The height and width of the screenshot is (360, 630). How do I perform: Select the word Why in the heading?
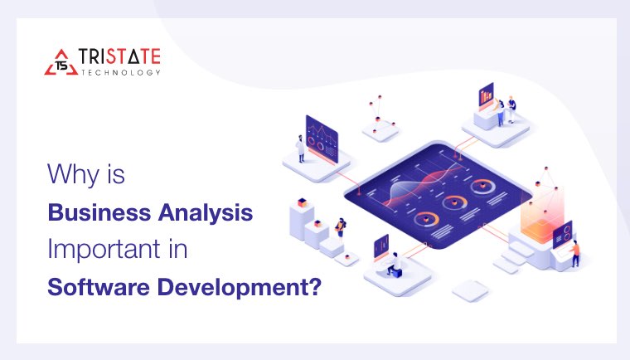coord(70,175)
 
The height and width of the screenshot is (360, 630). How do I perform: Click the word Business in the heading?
coord(93,212)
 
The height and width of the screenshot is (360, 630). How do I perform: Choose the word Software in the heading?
coord(93,288)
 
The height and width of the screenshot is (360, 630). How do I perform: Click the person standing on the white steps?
coord(339,227)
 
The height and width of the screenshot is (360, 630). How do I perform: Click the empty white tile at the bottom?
coord(470,289)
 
